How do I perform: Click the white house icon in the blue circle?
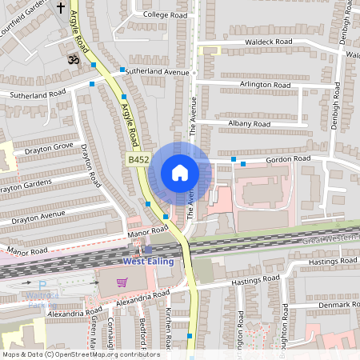(180, 173)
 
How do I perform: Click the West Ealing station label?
(149, 262)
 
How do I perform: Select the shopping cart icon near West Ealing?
(122, 282)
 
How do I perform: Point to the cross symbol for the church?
(61, 9)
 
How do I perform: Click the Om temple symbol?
(71, 59)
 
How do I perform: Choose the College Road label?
(165, 14)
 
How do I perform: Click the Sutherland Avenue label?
(157, 71)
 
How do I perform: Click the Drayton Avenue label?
(31, 215)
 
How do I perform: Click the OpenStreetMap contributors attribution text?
(80, 354)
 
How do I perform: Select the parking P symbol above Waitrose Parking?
(42, 286)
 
